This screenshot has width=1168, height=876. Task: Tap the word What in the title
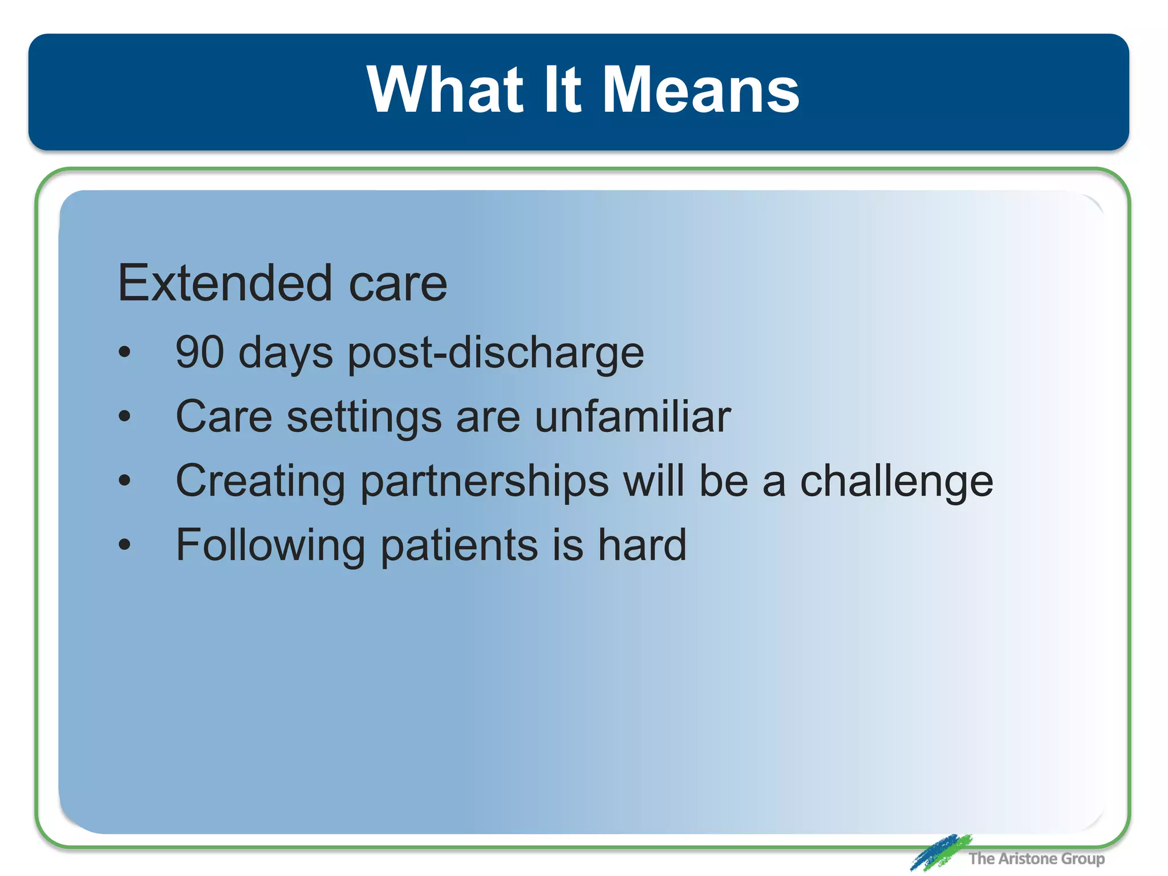pyautogui.click(x=445, y=90)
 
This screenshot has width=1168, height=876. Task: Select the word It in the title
pyautogui.click(x=562, y=90)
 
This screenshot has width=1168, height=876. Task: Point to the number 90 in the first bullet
pyautogui.click(x=200, y=352)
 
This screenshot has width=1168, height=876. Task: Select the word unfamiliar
pyautogui.click(x=632, y=416)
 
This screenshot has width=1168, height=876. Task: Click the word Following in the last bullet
pyautogui.click(x=270, y=546)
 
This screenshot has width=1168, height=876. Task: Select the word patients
pyautogui.click(x=459, y=546)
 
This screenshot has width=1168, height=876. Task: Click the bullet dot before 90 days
pyautogui.click(x=124, y=352)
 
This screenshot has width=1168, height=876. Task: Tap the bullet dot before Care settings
pyautogui.click(x=124, y=416)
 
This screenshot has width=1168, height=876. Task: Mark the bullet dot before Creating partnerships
pyautogui.click(x=124, y=481)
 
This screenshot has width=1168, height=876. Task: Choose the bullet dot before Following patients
pyautogui.click(x=124, y=545)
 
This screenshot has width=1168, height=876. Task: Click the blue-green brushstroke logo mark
pyautogui.click(x=940, y=852)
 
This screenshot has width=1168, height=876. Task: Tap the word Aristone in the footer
pyautogui.click(x=1027, y=858)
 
